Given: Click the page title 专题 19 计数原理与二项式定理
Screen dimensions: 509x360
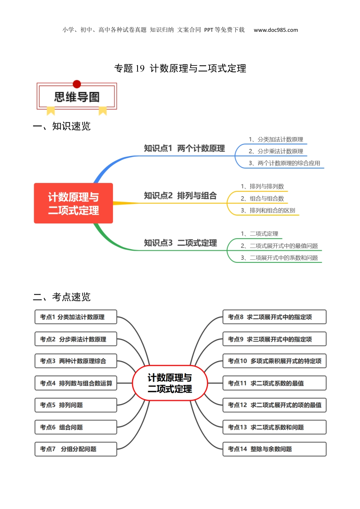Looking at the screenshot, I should [x=180, y=68].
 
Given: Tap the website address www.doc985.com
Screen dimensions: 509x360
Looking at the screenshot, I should [x=275, y=30].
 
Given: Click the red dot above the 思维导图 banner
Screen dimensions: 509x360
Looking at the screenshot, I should [x=77, y=84].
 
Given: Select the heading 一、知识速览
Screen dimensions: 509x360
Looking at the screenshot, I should [x=62, y=126].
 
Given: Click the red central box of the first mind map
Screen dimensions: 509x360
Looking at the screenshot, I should [x=74, y=203].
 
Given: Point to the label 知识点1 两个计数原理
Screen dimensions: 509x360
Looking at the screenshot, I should [x=184, y=148].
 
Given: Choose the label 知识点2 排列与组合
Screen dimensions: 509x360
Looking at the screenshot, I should [x=180, y=196].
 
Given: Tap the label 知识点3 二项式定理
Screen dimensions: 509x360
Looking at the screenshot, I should [x=180, y=243].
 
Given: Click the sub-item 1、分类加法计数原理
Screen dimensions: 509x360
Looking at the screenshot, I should [x=276, y=139].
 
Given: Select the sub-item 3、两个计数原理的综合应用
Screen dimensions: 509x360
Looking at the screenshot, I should [x=284, y=163].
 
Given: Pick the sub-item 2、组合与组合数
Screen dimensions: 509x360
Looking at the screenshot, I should [x=262, y=198].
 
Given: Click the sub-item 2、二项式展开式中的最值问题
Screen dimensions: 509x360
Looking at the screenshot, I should [x=279, y=246].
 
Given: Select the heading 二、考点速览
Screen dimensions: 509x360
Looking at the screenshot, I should [x=62, y=297].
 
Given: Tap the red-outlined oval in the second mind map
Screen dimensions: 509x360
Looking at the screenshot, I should [x=170, y=383].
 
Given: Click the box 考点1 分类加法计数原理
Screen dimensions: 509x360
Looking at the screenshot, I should [x=76, y=317].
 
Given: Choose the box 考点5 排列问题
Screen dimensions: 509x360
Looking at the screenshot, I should [x=76, y=405].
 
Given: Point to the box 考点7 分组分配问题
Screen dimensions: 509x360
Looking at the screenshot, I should [x=76, y=449].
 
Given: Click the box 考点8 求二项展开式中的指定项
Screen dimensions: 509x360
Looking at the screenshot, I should [x=274, y=317].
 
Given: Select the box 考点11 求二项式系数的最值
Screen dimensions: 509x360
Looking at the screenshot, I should [x=274, y=383].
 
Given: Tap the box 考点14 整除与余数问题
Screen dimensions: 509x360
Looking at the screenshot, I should [x=274, y=449].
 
